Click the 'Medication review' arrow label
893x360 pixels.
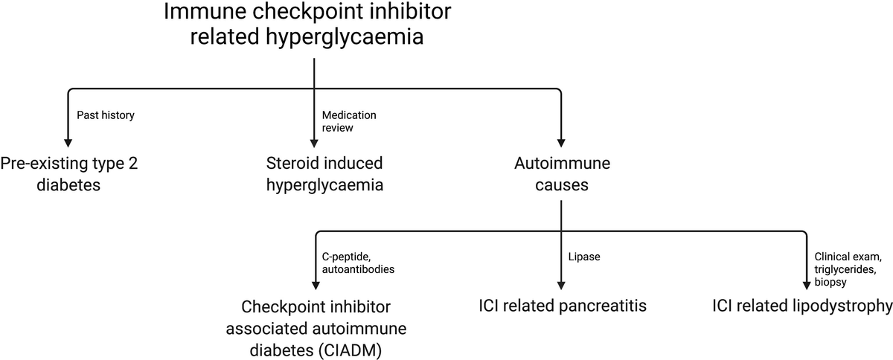(349, 121)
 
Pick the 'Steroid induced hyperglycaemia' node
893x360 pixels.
(324, 173)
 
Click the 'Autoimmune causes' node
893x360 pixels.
(551, 173)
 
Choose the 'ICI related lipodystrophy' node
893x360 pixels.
(801, 306)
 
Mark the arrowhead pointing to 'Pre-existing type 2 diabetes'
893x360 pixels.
(68, 141)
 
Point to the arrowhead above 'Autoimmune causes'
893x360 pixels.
(561, 141)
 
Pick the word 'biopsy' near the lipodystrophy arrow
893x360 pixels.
(830, 283)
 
